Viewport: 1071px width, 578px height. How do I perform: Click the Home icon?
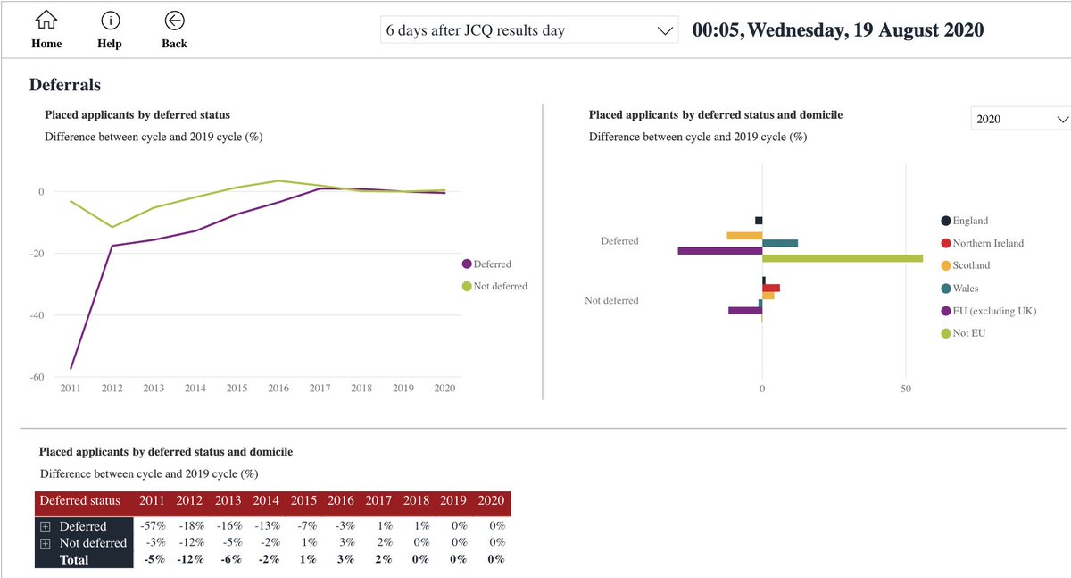click(x=46, y=21)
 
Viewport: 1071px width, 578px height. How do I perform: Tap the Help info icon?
click(x=110, y=21)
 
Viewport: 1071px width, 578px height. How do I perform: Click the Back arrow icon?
click(x=175, y=21)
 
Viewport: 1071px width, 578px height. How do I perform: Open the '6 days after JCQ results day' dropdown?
click(x=529, y=30)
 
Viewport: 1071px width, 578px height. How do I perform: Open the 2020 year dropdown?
click(x=1020, y=119)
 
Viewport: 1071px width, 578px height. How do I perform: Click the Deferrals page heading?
click(x=65, y=85)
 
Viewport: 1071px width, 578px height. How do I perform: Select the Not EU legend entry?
click(x=967, y=333)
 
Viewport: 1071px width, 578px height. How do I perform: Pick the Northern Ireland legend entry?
click(x=987, y=243)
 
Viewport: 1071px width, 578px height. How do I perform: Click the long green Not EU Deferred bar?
click(x=843, y=258)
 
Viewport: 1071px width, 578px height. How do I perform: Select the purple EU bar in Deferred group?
click(x=719, y=251)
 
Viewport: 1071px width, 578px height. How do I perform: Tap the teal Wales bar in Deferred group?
click(x=779, y=243)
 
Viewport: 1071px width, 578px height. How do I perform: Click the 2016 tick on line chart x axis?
click(x=278, y=389)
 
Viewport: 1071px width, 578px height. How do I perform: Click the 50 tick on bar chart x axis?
click(x=906, y=390)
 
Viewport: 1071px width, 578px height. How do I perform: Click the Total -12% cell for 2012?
click(x=189, y=559)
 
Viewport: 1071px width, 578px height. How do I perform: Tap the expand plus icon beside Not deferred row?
click(x=46, y=543)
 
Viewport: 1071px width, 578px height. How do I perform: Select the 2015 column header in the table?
click(x=303, y=501)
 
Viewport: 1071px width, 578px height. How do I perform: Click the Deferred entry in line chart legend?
click(x=492, y=264)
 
